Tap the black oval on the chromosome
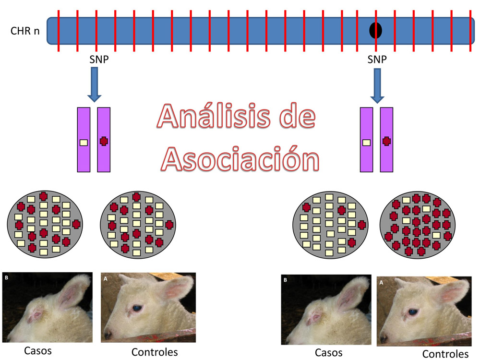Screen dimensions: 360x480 click(375, 30)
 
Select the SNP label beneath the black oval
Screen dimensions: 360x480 click(377, 60)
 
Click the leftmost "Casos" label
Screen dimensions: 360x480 click(38, 350)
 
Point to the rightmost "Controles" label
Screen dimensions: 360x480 click(445, 354)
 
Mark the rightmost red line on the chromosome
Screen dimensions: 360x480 click(470, 30)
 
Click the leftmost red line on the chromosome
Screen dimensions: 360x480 click(58, 30)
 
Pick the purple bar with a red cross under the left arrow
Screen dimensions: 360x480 click(104, 140)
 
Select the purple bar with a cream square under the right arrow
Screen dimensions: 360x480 click(367, 140)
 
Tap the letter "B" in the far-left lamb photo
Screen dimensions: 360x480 click(6, 277)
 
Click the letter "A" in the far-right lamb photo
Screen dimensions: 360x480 click(381, 283)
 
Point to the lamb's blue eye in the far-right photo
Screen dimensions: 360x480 click(412, 312)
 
